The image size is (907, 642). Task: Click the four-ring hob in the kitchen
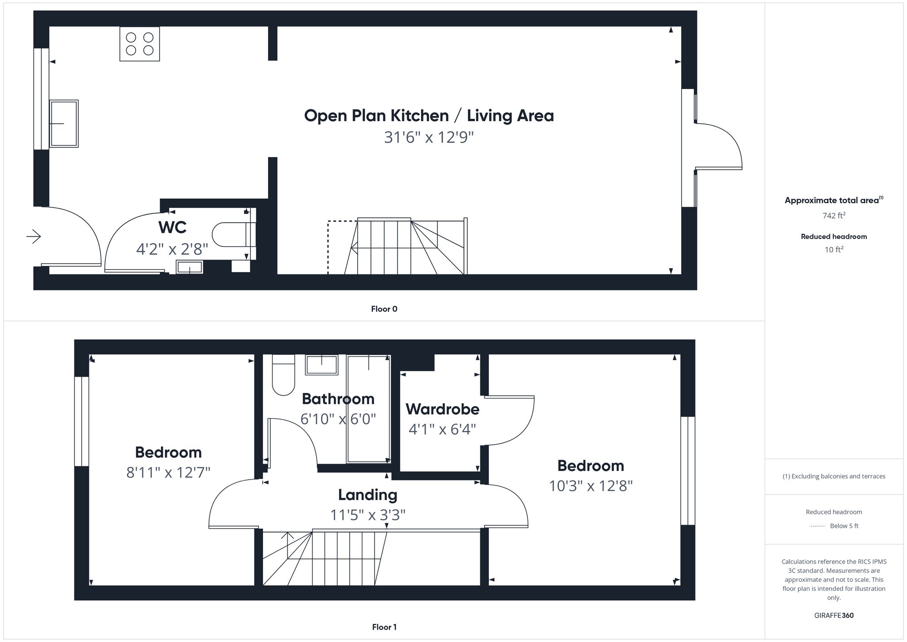pos(140,44)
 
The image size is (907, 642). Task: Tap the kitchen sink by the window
pos(64,123)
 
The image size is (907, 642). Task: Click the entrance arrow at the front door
pos(34,236)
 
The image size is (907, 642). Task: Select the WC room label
pos(172,227)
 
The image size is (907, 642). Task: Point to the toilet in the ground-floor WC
pos(231,235)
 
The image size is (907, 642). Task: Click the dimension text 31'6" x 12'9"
pos(429,137)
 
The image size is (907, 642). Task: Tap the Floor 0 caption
pos(384,309)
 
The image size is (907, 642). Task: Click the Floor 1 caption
pos(384,627)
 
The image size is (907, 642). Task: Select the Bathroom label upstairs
pos(338,399)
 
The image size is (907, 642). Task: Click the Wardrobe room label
pos(442,409)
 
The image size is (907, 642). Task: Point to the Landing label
pos(367,495)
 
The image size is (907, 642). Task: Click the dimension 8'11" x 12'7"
pos(168,473)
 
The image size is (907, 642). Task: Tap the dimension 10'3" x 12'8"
pos(590,486)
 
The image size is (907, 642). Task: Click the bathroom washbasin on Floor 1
pos(322,365)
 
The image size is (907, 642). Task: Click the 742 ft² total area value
pos(834,216)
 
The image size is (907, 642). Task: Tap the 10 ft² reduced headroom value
pos(834,250)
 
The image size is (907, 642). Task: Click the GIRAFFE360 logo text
pos(834,615)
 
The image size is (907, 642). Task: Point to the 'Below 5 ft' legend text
pos(844,526)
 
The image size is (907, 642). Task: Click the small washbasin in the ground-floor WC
pos(190,267)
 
